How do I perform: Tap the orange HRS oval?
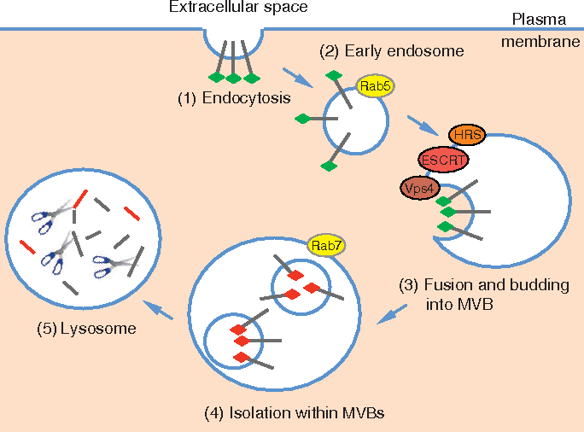(464, 136)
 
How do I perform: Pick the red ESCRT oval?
(443, 159)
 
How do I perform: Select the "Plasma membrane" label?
(542, 31)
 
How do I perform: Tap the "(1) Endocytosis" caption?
(234, 97)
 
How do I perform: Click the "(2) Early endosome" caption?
(392, 51)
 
